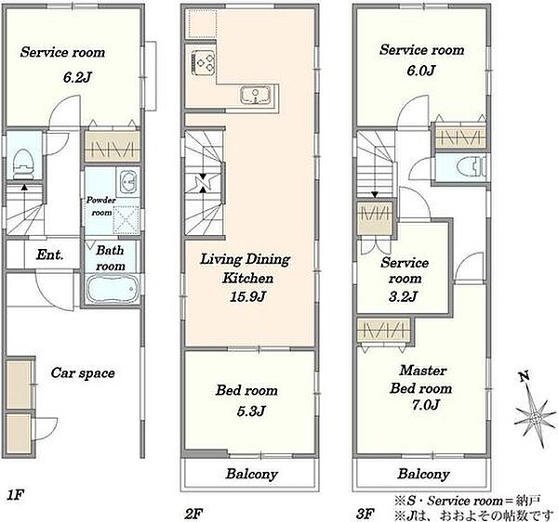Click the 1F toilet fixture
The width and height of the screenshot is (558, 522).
22,164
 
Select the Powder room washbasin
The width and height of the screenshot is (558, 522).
128,182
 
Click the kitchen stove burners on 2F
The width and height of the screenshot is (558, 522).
204,62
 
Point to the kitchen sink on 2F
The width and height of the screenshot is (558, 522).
255,96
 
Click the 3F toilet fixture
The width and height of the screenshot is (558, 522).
472,167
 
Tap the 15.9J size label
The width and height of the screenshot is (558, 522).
248,296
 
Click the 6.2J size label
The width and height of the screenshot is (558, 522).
76,77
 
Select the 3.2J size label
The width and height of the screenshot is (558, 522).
404,296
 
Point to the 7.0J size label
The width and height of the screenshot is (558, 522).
426,405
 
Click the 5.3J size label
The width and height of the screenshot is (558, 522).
251,411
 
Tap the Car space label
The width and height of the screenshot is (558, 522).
83,373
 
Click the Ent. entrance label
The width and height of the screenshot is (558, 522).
50,254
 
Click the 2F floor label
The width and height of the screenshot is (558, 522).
193,514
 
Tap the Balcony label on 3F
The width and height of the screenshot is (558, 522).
423,474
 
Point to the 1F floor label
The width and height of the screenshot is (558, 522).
15,495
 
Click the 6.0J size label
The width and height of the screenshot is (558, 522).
421,71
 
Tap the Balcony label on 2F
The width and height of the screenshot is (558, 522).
252,474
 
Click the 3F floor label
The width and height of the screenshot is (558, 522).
365,514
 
